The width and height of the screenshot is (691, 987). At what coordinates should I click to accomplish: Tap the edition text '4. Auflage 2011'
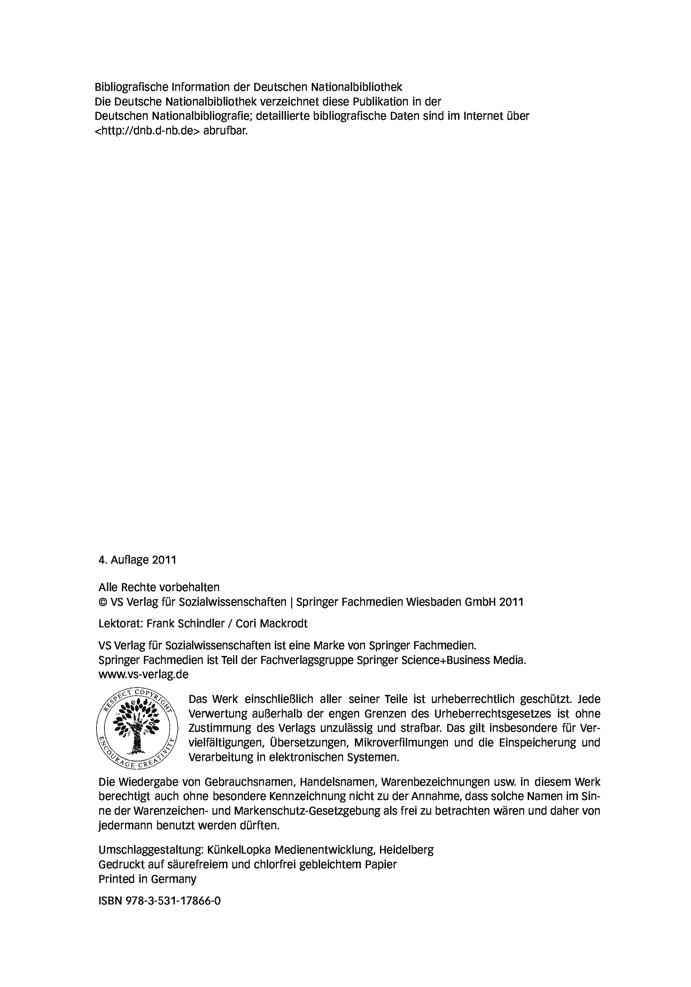(x=137, y=560)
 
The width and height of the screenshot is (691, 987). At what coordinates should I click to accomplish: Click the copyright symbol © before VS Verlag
(x=103, y=602)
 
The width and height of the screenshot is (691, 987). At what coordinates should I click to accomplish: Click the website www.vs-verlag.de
(x=143, y=674)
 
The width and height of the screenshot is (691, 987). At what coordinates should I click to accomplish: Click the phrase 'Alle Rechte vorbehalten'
(x=159, y=587)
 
